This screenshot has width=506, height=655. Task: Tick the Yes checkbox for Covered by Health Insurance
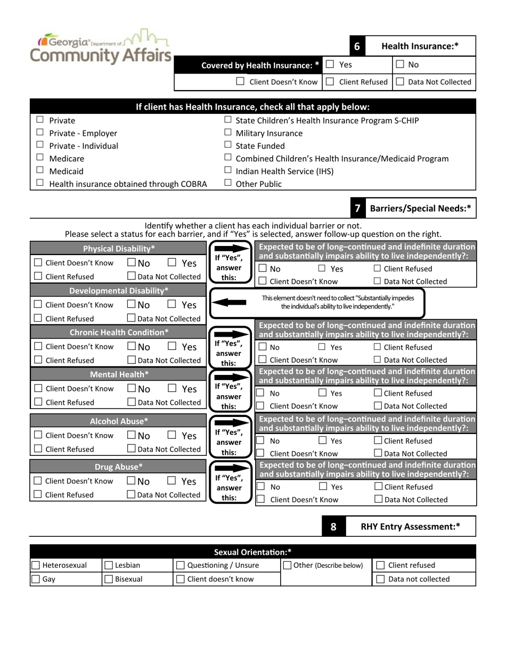(330, 64)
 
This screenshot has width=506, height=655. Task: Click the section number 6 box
(357, 46)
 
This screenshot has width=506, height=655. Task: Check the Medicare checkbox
(40, 158)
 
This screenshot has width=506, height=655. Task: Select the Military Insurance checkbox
(228, 133)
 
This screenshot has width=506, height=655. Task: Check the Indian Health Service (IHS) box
(228, 171)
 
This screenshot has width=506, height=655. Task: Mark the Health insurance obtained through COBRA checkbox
(40, 184)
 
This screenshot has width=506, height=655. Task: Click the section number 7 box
(357, 209)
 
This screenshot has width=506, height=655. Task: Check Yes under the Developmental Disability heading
(172, 305)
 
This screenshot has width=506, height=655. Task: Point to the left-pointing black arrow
(229, 302)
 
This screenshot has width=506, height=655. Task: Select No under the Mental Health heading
(132, 389)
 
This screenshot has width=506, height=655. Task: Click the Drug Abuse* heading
(119, 467)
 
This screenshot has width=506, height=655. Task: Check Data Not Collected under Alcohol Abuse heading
(132, 449)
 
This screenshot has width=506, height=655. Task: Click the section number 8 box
(333, 527)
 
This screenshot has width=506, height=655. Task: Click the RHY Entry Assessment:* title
(410, 527)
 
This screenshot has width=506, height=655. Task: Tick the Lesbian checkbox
(109, 566)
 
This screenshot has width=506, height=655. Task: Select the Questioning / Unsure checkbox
(181, 566)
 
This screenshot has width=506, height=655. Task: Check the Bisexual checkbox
(109, 579)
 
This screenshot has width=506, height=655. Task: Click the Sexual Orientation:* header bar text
(252, 552)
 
